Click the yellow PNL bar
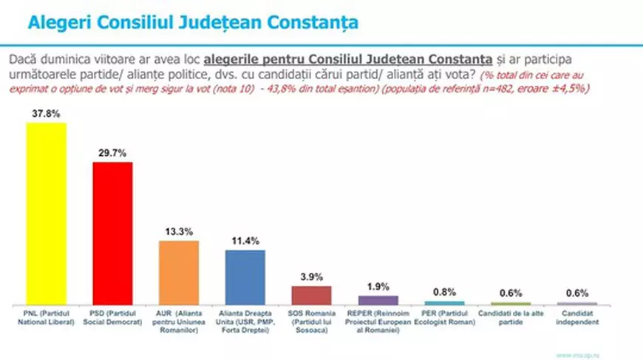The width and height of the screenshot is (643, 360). (46, 214)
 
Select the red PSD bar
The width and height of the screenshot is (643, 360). (112, 233)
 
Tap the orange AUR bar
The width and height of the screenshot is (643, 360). (179, 273)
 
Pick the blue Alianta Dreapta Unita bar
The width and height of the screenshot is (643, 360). (245, 277)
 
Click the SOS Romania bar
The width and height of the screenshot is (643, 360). (311, 296)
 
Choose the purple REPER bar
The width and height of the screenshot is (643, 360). (378, 300)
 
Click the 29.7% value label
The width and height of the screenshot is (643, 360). (112, 152)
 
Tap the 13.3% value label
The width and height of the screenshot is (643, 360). (179, 231)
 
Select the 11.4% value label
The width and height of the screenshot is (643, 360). (245, 241)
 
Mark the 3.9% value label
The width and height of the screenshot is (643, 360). (311, 276)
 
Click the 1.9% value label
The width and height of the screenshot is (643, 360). (378, 287)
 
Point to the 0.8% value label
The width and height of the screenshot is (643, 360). (444, 292)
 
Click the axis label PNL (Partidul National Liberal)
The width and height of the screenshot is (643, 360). (46, 317)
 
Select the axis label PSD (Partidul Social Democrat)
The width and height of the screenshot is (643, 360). (112, 317)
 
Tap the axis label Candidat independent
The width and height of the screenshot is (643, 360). (576, 317)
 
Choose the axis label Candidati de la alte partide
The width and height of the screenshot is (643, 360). (510, 317)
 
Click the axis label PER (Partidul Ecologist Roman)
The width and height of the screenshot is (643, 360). (444, 317)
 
